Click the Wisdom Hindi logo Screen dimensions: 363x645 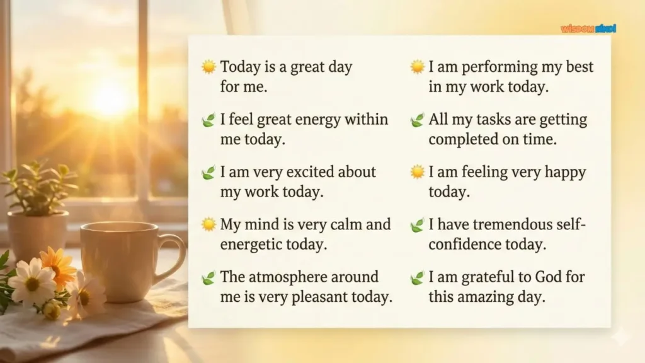click(x=588, y=28)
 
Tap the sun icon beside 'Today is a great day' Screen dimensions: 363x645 click(x=208, y=67)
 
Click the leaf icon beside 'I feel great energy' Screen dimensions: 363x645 click(x=208, y=120)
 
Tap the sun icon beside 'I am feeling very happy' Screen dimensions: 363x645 click(x=417, y=172)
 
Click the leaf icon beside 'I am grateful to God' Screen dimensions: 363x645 click(x=417, y=277)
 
